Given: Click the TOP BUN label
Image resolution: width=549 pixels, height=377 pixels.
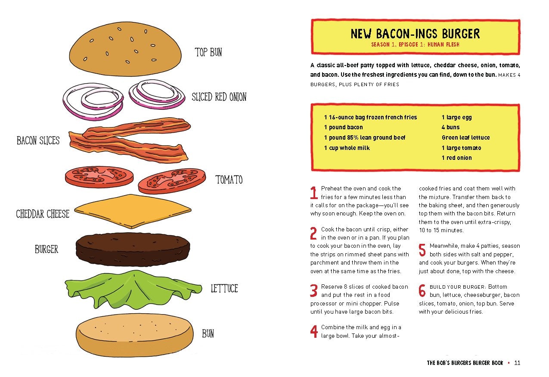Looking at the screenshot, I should pyautogui.click(x=208, y=53).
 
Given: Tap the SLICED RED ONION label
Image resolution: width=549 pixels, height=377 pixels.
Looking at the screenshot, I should pyautogui.click(x=219, y=97).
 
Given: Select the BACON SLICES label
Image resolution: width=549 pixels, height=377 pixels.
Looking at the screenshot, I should pyautogui.click(x=38, y=140).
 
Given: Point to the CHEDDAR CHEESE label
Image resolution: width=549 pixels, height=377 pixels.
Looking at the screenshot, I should pyautogui.click(x=43, y=214).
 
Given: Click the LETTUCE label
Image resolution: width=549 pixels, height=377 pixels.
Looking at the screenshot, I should pyautogui.click(x=224, y=288).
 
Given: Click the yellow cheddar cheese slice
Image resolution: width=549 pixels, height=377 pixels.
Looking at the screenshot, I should pyautogui.click(x=133, y=211).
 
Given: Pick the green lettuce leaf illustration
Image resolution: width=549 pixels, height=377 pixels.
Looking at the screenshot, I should pyautogui.click(x=129, y=290).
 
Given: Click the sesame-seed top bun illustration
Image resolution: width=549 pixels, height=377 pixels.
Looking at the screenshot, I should pyautogui.click(x=125, y=48).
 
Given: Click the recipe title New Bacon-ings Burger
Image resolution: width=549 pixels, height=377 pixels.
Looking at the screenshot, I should pyautogui.click(x=415, y=34).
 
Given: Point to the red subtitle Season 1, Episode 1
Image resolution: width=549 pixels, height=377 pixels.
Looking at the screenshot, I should pyautogui.click(x=415, y=44).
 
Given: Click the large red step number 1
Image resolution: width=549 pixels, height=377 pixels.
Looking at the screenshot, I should pyautogui.click(x=314, y=193).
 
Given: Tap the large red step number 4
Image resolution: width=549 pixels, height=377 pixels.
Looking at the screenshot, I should pyautogui.click(x=314, y=331).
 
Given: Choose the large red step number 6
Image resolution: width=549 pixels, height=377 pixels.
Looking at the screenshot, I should pyautogui.click(x=422, y=291).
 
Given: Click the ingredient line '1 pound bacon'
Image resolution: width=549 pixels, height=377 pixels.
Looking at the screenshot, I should pyautogui.click(x=343, y=128).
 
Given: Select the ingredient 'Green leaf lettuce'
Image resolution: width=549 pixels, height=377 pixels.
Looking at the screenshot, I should pyautogui.click(x=465, y=138).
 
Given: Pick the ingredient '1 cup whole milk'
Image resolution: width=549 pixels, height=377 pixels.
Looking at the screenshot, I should pyautogui.click(x=347, y=148).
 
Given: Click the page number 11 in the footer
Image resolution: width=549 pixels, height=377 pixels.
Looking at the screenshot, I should pyautogui.click(x=517, y=363).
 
